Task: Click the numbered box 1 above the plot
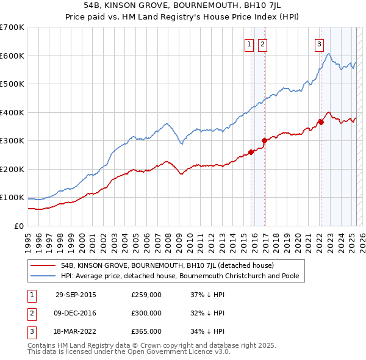coord(249,43)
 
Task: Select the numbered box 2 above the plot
coord(262,43)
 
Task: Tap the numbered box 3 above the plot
coord(319,43)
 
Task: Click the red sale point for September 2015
coord(251,153)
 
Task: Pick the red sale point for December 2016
coord(264,141)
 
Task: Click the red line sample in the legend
coord(43,266)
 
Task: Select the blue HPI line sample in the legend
coord(43,276)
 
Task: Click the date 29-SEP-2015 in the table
coord(76,295)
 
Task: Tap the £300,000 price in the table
coord(146,313)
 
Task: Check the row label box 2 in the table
coord(30,313)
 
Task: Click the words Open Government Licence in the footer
coord(177,352)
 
